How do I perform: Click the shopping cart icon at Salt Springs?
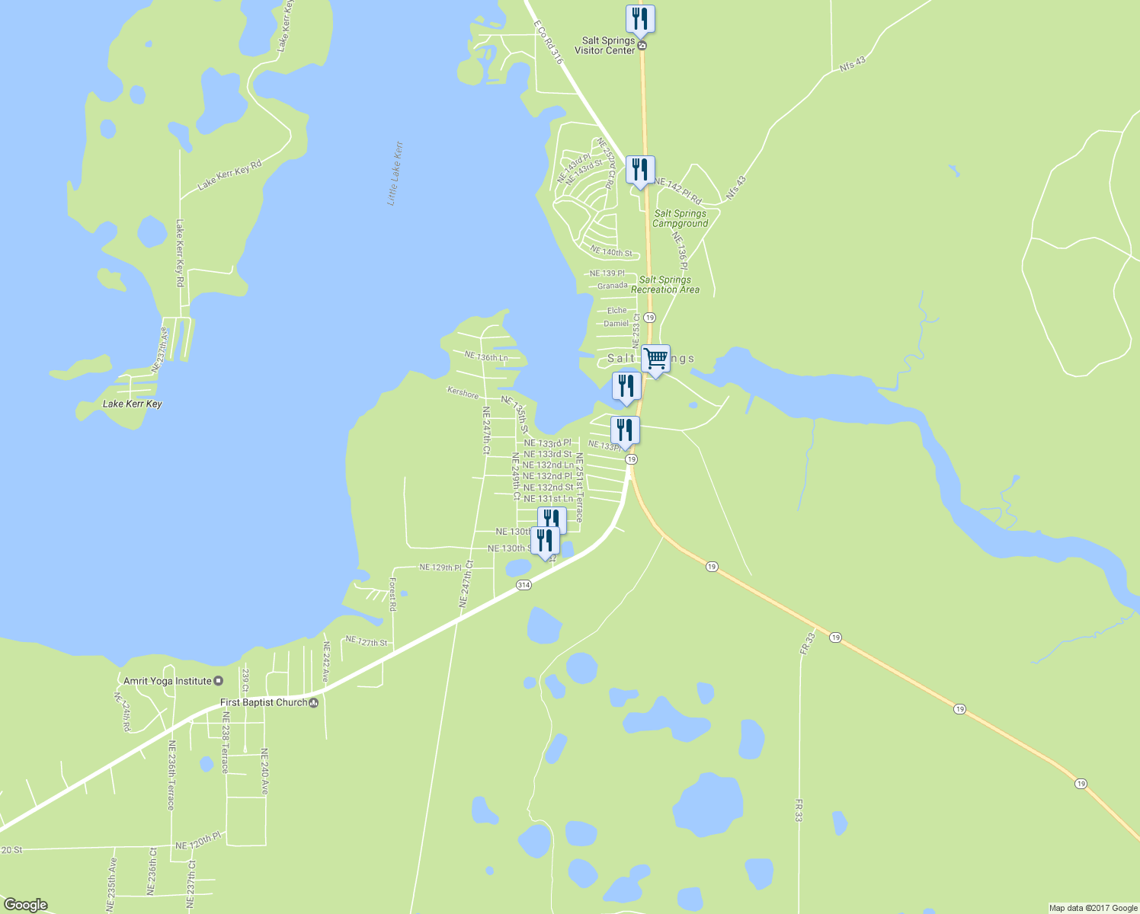click(655, 358)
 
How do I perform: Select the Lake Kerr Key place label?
click(133, 404)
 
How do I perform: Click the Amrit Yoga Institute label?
click(168, 681)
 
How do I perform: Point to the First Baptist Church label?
click(264, 702)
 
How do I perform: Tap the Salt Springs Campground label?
click(680, 219)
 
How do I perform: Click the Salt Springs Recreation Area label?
click(665, 285)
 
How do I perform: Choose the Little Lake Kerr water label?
click(395, 174)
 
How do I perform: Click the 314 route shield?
click(523, 585)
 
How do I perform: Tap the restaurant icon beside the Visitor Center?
click(640, 19)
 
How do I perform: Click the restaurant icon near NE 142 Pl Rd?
click(640, 170)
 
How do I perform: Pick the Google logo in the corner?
click(26, 904)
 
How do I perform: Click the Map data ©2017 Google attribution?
click(1093, 908)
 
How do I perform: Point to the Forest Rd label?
click(392, 594)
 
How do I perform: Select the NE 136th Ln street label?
click(485, 356)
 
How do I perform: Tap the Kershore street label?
click(463, 393)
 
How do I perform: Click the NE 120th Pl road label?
click(197, 842)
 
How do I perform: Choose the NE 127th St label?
click(367, 642)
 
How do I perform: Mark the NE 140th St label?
click(611, 252)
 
